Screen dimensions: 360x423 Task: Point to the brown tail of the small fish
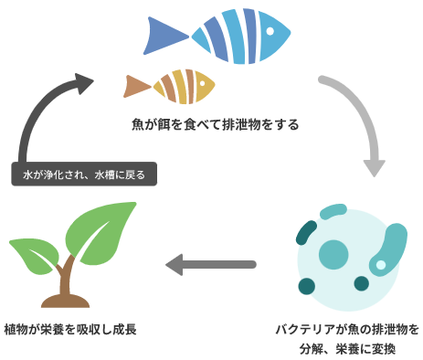(x=136, y=86)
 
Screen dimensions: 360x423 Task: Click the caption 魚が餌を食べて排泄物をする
(x=215, y=123)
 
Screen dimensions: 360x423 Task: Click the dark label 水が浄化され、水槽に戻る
(x=84, y=174)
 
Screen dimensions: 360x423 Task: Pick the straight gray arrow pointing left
(x=210, y=265)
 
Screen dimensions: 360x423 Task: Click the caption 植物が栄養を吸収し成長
(x=70, y=329)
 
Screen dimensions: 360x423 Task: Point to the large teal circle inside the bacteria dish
(x=333, y=253)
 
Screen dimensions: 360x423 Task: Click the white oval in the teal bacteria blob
(x=381, y=266)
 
